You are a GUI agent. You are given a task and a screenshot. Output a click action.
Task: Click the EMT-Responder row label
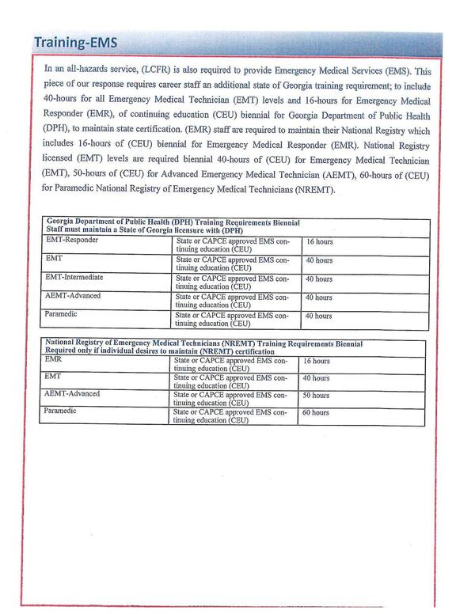click(73, 239)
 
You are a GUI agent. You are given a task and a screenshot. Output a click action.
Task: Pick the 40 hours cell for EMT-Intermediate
click(319, 279)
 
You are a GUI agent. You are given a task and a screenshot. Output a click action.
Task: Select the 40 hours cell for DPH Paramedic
click(319, 316)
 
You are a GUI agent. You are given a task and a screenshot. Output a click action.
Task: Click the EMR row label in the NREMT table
click(51, 360)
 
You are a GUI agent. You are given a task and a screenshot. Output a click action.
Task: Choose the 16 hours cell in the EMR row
click(316, 361)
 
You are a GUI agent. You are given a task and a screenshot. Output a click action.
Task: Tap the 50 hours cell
click(316, 395)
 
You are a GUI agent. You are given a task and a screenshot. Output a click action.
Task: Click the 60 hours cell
click(316, 412)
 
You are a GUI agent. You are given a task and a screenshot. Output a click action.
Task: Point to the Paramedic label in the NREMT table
click(59, 411)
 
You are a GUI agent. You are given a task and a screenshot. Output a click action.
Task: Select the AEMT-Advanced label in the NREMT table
click(71, 394)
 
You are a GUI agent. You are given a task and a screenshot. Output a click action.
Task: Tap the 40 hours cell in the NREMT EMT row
click(316, 378)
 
